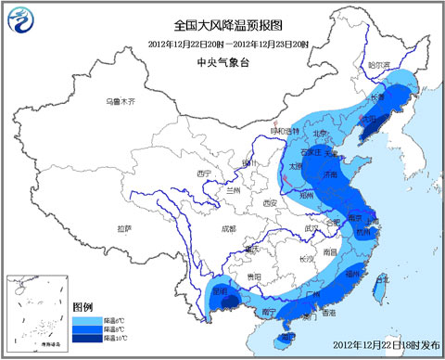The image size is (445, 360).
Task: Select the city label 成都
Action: click(x=226, y=227)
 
